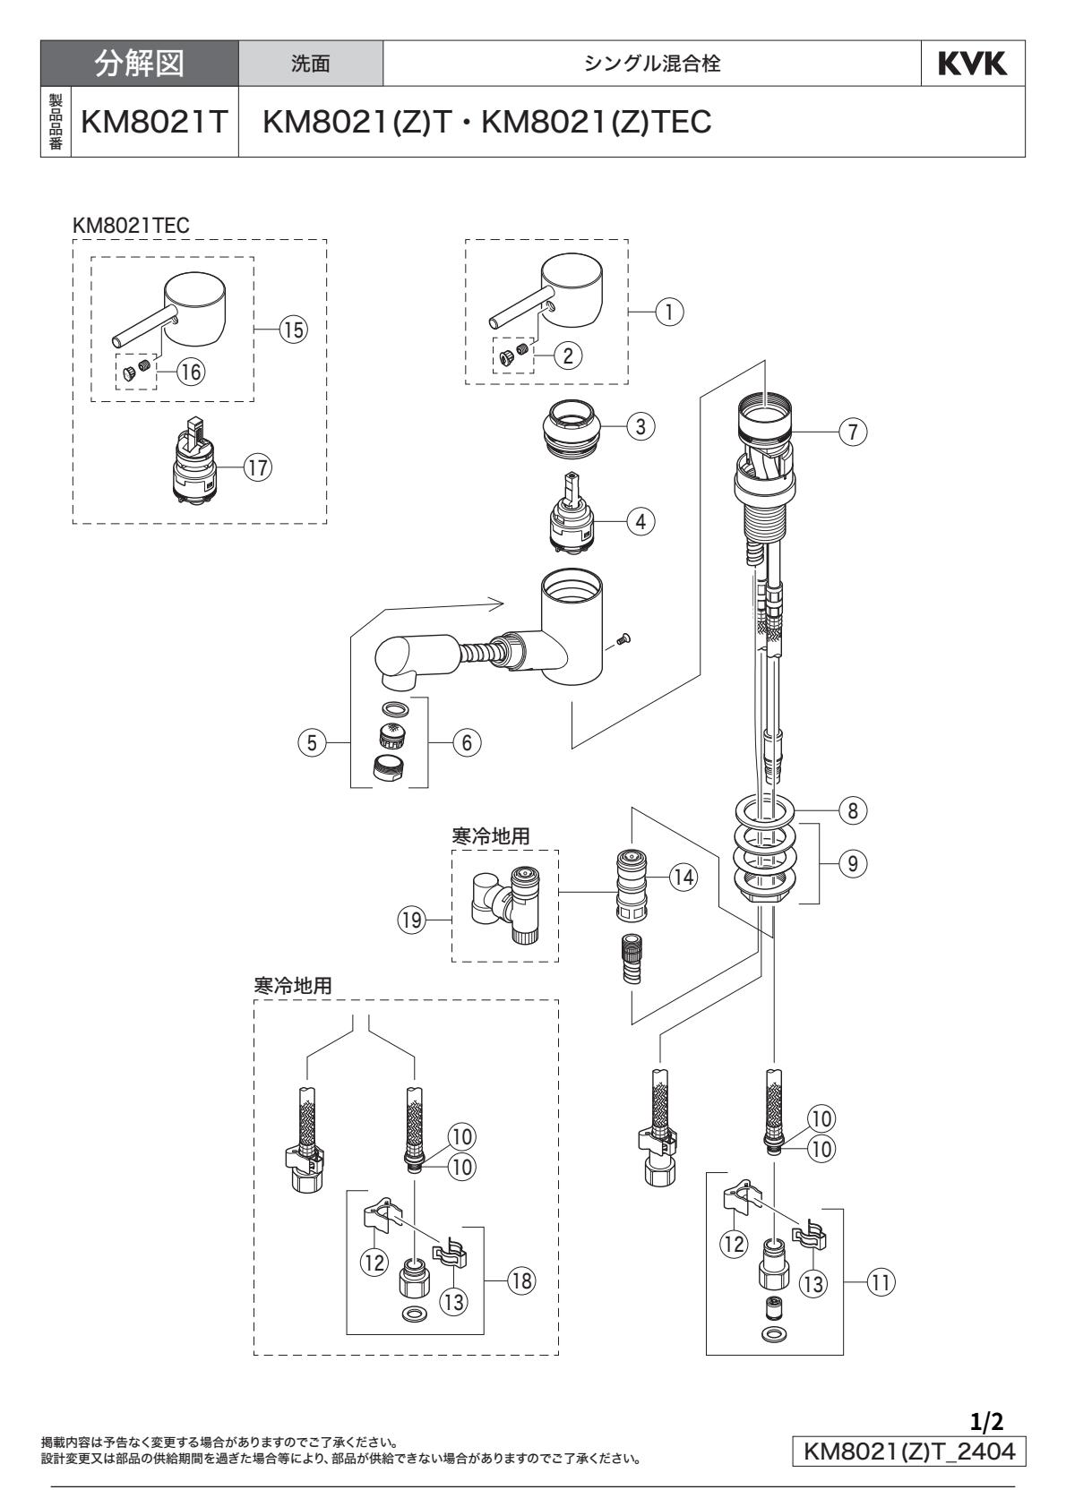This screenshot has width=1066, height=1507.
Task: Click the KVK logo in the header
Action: click(973, 64)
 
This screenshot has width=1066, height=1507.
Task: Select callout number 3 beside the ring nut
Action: click(640, 426)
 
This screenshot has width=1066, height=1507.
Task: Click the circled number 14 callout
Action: click(684, 878)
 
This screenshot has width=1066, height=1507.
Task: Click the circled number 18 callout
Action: click(520, 1280)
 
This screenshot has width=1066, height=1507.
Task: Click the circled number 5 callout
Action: click(311, 741)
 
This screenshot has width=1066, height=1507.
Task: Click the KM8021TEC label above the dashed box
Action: click(131, 227)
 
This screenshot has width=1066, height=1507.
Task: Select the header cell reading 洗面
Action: click(311, 64)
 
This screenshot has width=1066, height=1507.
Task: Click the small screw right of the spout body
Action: click(625, 638)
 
